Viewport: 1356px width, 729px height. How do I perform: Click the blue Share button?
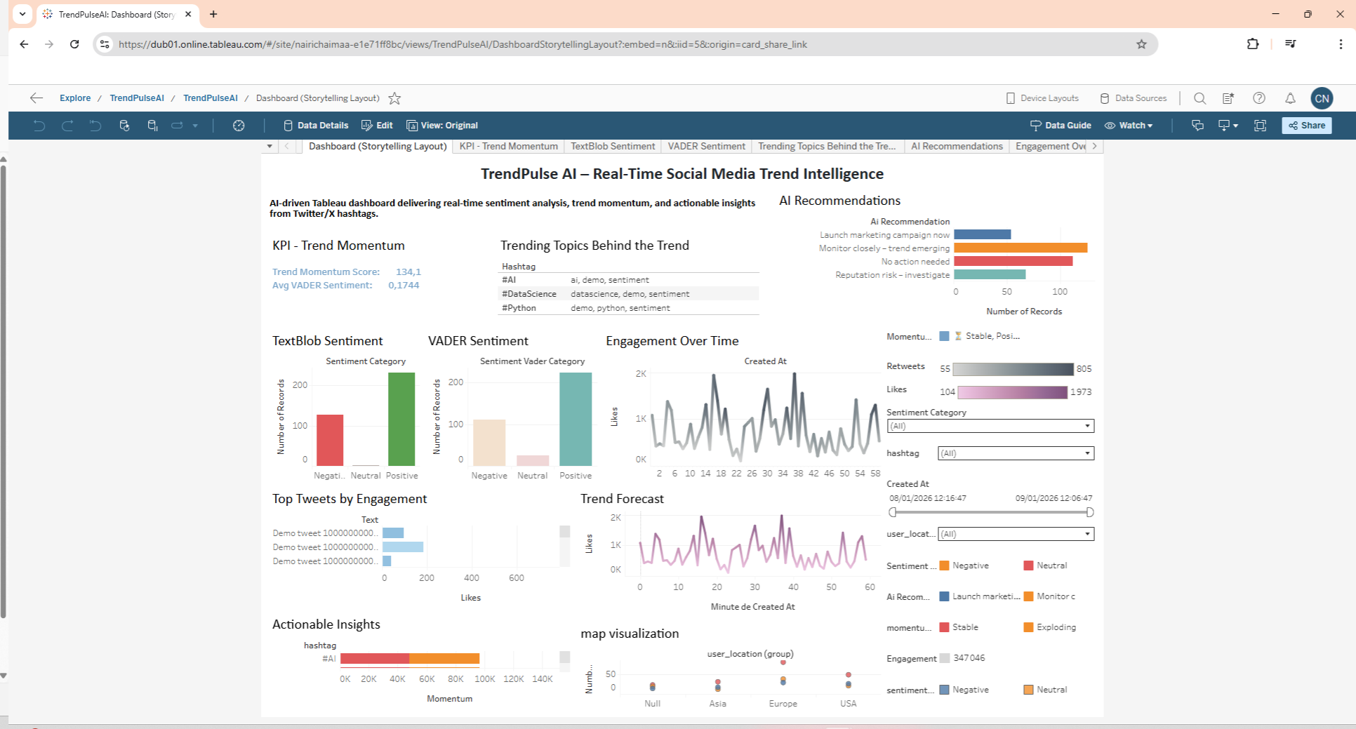pos(1306,126)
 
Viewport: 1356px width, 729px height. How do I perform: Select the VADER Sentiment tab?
pos(706,146)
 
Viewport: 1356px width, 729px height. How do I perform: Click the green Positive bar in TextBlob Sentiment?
pos(401,419)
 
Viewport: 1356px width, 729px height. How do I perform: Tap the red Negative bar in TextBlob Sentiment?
pos(330,440)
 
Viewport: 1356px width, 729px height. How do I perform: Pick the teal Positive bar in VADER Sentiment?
pos(576,419)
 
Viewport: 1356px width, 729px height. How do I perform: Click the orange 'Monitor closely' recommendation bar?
pos(1021,248)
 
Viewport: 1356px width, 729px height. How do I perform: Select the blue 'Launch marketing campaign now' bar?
pos(983,234)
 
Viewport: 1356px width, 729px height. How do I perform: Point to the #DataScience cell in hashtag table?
pos(529,294)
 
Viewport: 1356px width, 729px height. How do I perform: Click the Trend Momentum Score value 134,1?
pos(408,272)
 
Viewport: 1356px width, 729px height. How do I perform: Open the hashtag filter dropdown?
pos(1016,453)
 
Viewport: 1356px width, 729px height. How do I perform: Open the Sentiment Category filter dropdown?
pos(990,426)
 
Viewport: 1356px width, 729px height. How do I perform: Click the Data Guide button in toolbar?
pos(1061,126)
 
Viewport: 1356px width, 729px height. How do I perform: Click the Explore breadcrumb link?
pos(75,98)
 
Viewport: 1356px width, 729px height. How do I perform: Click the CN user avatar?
pos(1322,98)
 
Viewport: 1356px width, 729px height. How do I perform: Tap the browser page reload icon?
pos(74,44)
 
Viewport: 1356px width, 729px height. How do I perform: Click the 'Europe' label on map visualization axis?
pos(783,704)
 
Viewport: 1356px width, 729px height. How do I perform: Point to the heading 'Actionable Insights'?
pos(326,624)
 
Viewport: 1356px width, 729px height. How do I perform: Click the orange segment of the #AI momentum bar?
pos(444,659)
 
